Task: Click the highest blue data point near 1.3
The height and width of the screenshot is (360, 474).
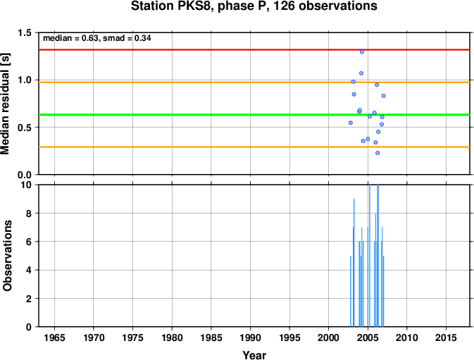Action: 362,51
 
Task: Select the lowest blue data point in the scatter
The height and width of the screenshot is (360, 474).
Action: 378,153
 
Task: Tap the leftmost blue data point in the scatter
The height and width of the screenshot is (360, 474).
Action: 351,123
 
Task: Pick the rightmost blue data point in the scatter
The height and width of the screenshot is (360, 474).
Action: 384,96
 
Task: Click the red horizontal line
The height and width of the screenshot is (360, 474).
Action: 254,49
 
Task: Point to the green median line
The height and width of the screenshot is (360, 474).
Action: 254,115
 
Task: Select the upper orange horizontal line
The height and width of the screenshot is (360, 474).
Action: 254,82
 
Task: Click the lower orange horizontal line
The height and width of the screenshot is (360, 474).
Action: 254,147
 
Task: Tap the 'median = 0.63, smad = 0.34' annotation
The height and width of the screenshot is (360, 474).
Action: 97,38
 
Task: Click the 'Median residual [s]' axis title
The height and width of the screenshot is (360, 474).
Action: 5,104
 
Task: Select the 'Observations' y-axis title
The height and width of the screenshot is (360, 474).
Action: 7,256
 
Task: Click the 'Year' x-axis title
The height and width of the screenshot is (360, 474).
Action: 254,355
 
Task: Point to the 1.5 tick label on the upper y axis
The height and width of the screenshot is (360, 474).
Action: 25,32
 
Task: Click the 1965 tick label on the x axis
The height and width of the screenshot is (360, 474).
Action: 54,337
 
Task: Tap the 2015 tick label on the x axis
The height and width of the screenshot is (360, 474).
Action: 446,337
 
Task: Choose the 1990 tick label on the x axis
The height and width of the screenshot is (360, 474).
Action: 250,337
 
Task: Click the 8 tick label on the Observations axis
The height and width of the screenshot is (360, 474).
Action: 29,213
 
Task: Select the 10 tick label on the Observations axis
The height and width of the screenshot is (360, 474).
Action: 27,185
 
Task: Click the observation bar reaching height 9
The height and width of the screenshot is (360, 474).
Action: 354,263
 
